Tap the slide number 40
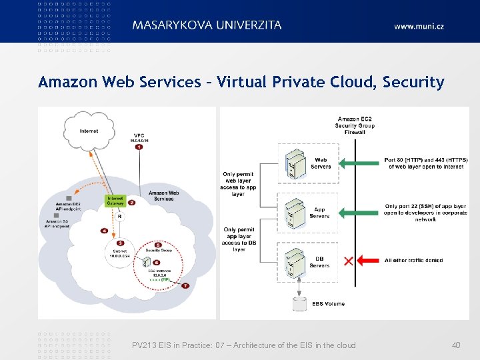pos(456,345)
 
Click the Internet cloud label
pos(89,131)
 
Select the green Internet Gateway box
pos(115,201)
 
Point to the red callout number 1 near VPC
pos(139,147)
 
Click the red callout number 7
pos(185,285)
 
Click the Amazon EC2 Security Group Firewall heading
pos(355,125)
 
